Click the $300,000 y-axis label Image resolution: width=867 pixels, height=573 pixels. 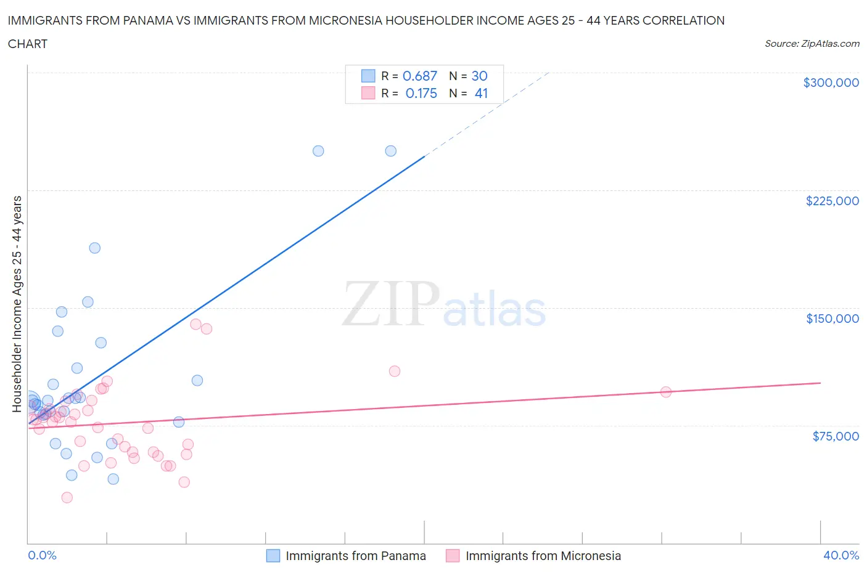(831, 83)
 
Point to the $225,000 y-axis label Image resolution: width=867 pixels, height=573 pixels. (832, 201)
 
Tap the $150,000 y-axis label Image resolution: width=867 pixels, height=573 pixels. (832, 319)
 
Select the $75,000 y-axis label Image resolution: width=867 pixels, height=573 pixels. (836, 436)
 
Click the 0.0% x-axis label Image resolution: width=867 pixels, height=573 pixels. (42, 555)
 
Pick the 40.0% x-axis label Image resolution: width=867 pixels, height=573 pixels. (841, 555)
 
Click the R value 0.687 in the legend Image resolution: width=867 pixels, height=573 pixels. (419, 76)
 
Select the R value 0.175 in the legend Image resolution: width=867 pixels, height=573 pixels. (421, 93)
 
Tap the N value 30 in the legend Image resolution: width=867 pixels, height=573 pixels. (479, 76)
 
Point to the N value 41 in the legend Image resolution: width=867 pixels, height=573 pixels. (481, 93)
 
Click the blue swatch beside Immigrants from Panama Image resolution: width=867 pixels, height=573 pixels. (273, 556)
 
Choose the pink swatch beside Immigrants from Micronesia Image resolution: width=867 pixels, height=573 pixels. (453, 556)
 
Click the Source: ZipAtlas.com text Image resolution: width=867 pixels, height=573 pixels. (812, 44)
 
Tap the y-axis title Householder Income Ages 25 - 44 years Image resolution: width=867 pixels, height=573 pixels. (17, 304)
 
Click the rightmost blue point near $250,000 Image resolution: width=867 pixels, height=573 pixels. (390, 151)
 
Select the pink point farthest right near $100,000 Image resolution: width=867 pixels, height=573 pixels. (665, 392)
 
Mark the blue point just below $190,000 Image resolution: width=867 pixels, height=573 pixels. (94, 248)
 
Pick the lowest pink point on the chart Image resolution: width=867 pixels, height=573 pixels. (67, 497)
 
